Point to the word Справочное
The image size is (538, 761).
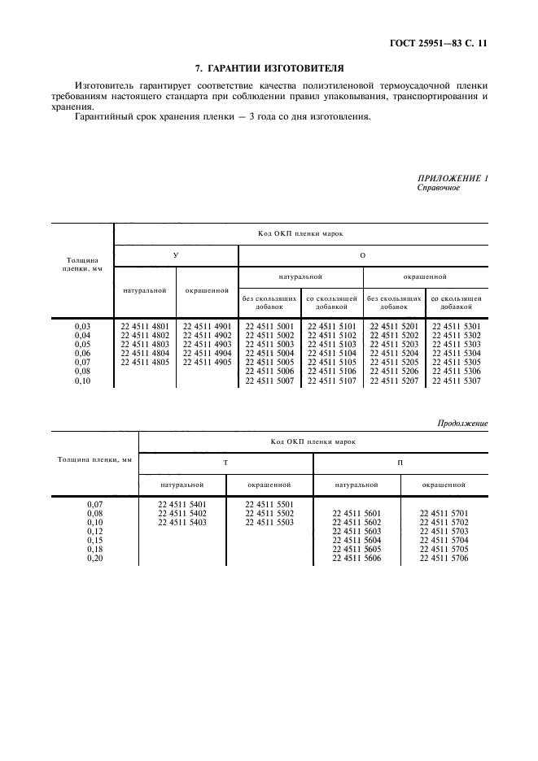click(x=439, y=188)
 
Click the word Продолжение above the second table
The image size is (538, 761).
click(x=462, y=423)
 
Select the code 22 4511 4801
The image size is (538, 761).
click(x=145, y=326)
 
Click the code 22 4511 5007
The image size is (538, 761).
click(x=269, y=380)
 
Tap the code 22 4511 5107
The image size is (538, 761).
click(x=332, y=380)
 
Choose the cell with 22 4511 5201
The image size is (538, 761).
click(x=395, y=326)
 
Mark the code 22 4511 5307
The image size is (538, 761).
click(x=456, y=380)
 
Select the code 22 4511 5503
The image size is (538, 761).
click(x=269, y=522)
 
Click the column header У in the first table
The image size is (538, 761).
click(x=176, y=255)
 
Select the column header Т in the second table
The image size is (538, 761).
click(x=225, y=462)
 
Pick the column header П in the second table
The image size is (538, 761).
click(x=400, y=462)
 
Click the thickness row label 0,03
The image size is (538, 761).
click(x=82, y=326)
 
